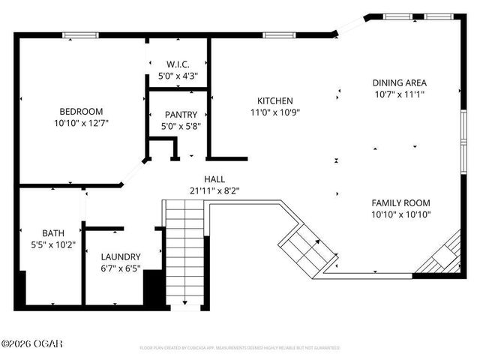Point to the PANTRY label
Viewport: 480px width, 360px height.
(181, 115)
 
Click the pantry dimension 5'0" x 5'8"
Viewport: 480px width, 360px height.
(181, 126)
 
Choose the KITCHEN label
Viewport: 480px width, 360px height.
(274, 100)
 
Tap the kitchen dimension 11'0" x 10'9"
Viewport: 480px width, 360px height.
(274, 112)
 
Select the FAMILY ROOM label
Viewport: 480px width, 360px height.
(401, 203)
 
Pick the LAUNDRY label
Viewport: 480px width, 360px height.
(121, 256)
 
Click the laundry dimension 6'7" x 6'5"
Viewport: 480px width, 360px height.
(121, 267)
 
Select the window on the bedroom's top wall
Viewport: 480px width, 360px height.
(83, 34)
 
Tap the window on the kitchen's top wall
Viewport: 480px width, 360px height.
(278, 34)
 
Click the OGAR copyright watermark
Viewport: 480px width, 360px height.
(32, 344)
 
